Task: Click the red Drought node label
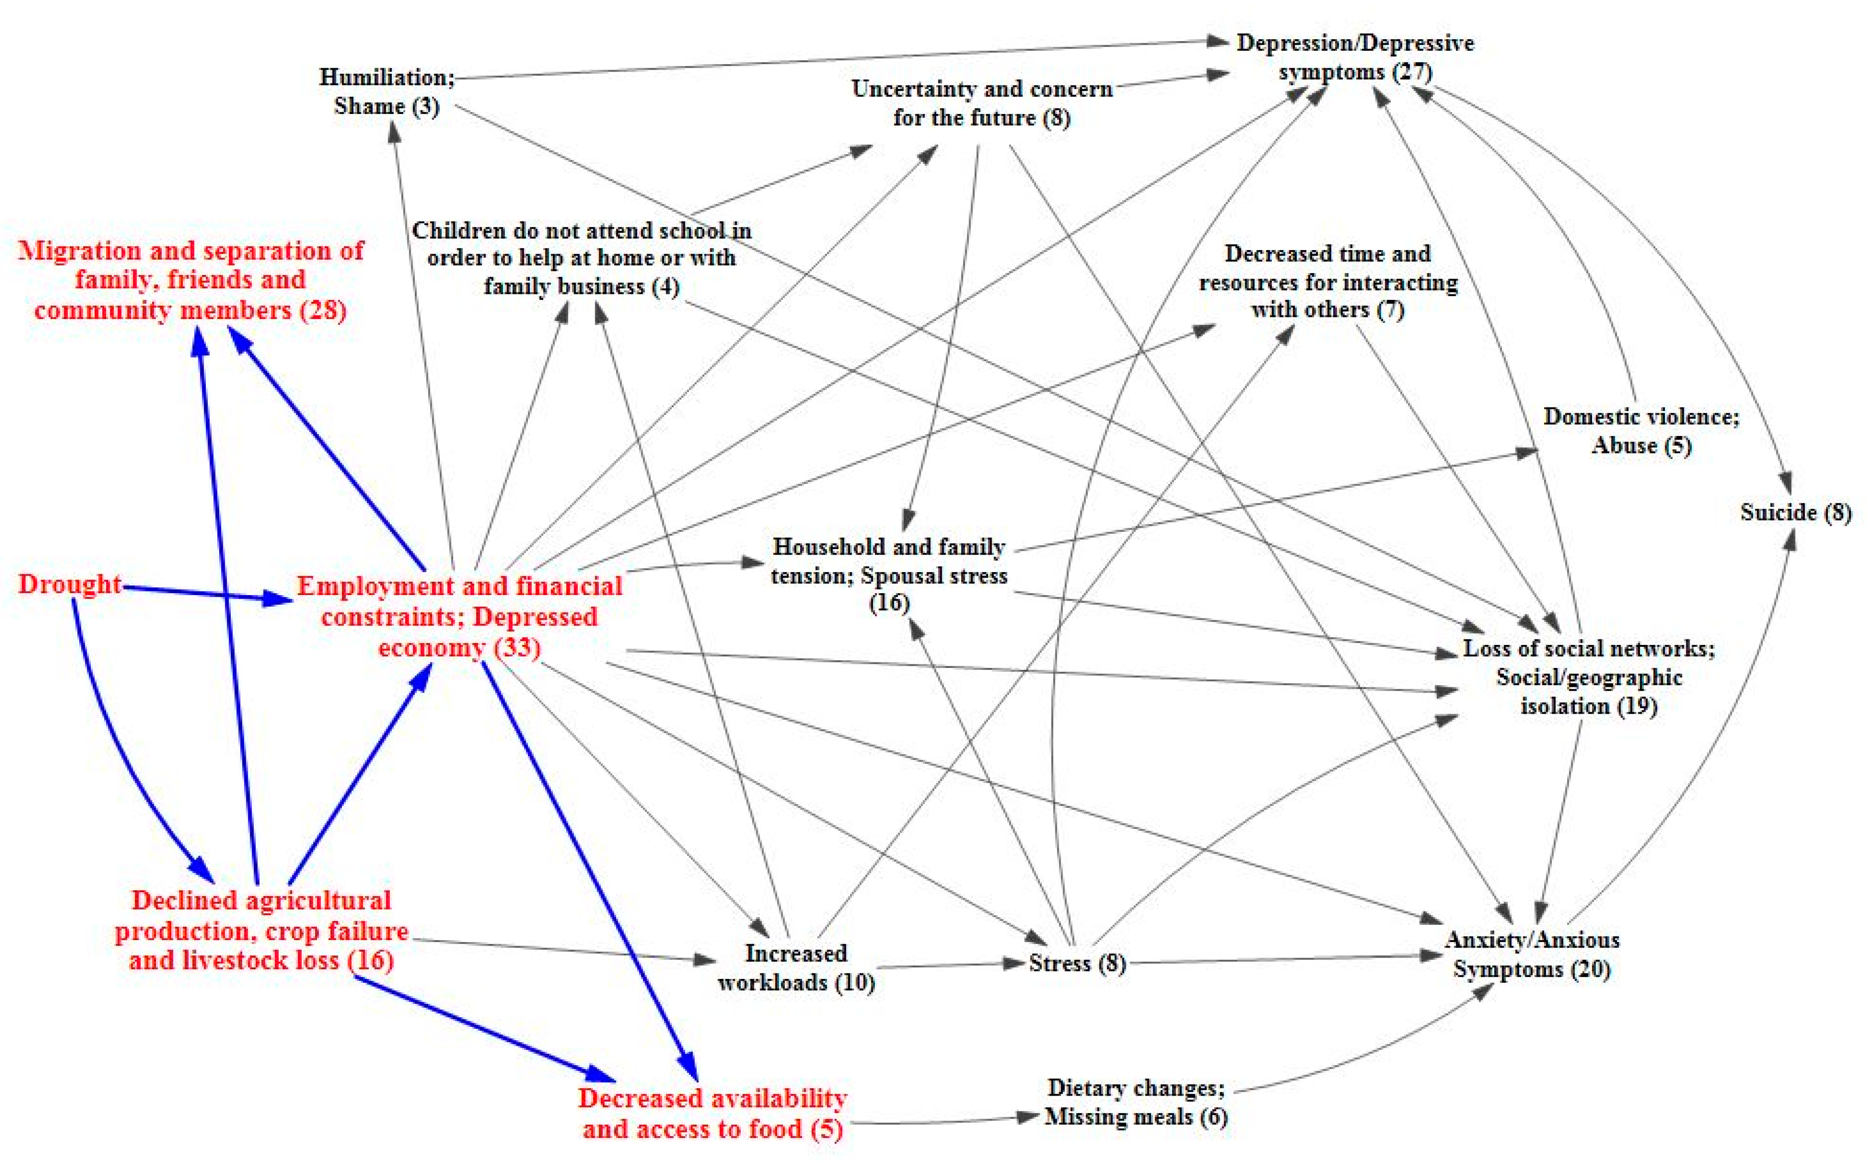[69, 584]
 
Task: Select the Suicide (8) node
[1795, 512]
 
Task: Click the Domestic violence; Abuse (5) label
[1640, 431]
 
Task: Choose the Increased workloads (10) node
[796, 967]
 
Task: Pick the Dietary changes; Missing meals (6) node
[1136, 1102]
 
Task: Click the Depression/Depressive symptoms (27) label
[1354, 57]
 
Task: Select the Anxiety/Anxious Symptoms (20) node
[1531, 954]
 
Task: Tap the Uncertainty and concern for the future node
[981, 103]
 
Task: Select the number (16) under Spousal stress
[889, 602]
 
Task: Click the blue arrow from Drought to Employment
[208, 593]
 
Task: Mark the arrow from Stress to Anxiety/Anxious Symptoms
[1285, 959]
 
